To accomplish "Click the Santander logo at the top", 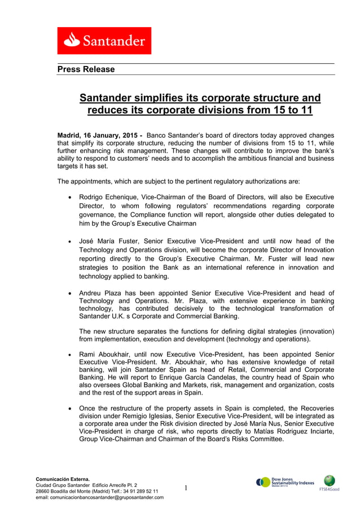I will tap(104, 41).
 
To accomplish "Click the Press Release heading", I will tap(86, 69).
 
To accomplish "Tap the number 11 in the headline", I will tap(305, 110).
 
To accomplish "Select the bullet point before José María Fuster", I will tap(69, 242).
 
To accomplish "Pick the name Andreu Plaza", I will tap(101, 293).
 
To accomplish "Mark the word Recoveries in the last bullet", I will tap(314, 408).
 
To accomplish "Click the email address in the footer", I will tap(100, 497).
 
